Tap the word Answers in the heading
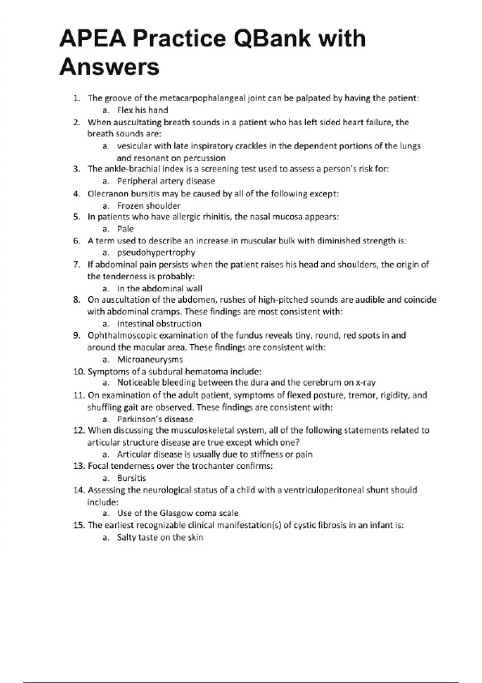coord(109,67)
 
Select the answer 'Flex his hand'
coord(142,110)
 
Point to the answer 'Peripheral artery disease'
coord(166,181)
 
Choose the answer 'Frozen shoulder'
coord(149,206)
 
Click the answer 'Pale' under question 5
coord(125,229)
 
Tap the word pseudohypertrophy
coord(156,253)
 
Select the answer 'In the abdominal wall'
coord(159,288)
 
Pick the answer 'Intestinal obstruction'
coord(159,324)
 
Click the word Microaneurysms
coord(150,360)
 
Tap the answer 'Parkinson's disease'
coord(155,419)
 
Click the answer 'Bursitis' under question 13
coord(131,479)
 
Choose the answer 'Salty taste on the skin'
coord(160,538)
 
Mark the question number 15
coord(78,526)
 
